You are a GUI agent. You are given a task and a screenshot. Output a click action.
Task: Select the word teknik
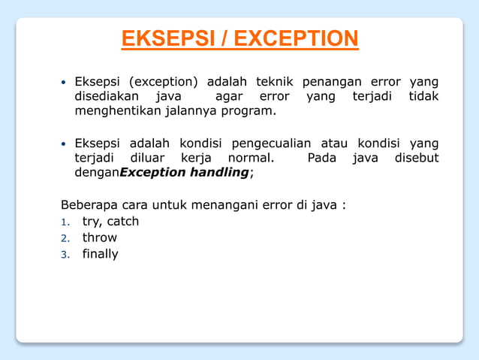(x=274, y=82)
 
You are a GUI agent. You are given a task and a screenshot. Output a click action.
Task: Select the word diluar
(x=151, y=159)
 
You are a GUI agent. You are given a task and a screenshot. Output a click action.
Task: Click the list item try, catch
(x=110, y=221)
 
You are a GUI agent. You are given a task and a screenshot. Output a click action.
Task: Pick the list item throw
(x=99, y=237)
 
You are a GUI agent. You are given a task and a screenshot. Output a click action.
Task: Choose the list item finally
(x=100, y=254)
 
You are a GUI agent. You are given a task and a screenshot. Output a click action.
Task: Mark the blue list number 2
(x=65, y=238)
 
